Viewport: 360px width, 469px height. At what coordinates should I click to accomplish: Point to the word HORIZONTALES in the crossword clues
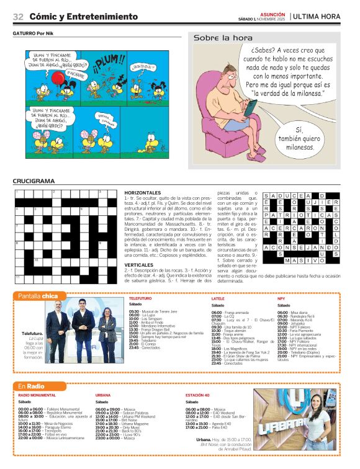pyautogui.click(x=143, y=194)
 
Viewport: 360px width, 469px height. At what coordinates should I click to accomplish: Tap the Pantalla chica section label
pyautogui.click(x=38, y=295)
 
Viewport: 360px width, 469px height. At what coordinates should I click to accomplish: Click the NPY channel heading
pyautogui.click(x=281, y=299)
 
